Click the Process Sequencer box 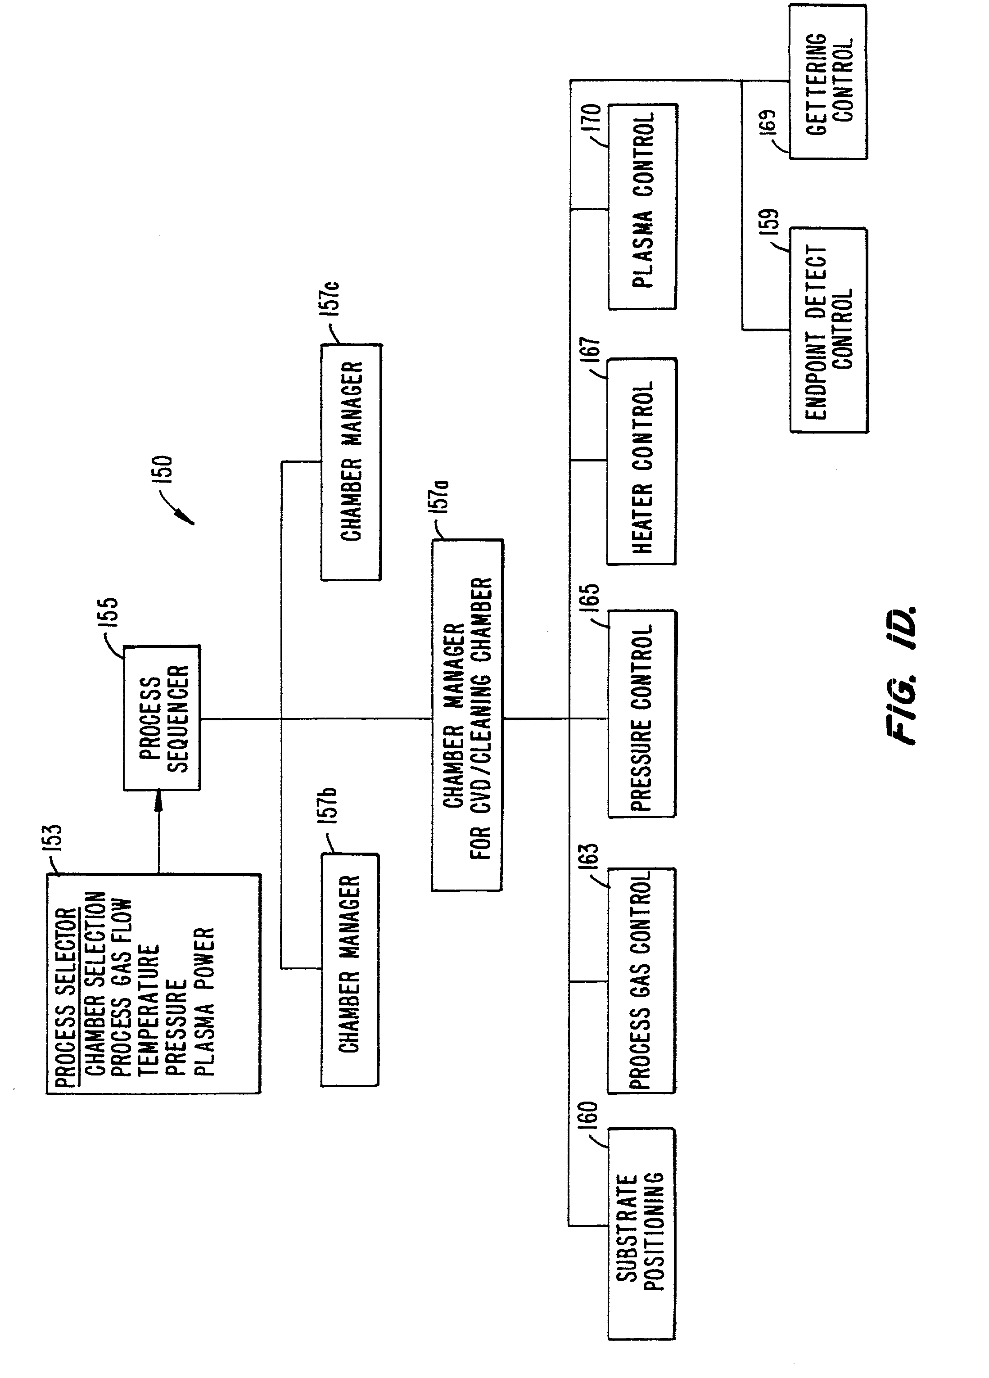(162, 718)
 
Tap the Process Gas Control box (641, 981)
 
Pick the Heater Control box (641, 462)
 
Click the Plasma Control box (642, 207)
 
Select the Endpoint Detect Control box (829, 330)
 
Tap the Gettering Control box (828, 82)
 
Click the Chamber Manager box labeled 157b (349, 970)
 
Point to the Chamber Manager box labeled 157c (351, 462)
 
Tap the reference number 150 (164, 469)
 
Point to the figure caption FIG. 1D (900, 675)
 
